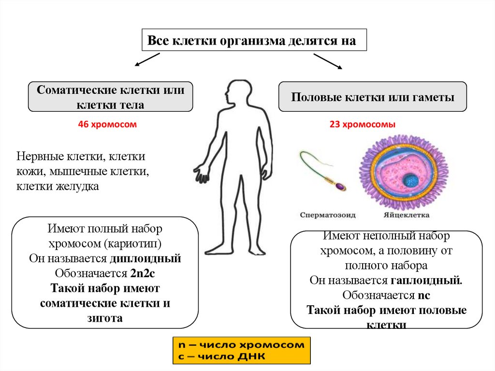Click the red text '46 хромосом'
[107, 124]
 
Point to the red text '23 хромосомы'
[363, 124]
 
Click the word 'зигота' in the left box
[105, 318]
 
